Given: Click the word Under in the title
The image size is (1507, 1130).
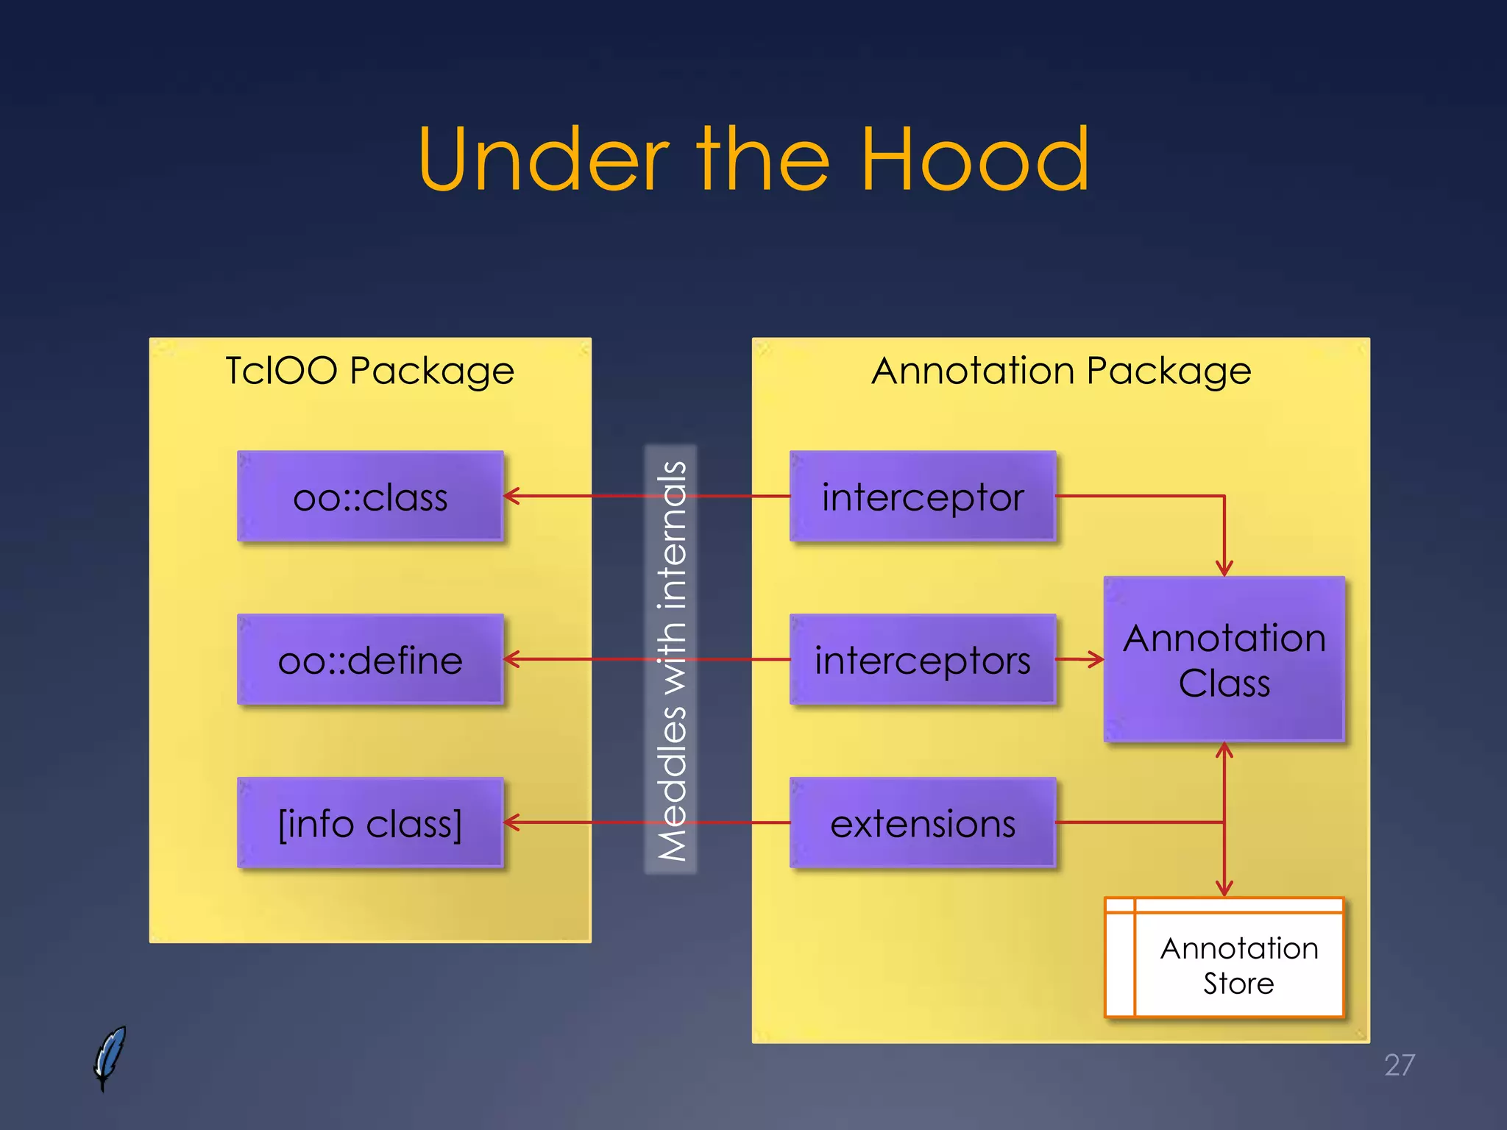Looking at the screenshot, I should click(543, 160).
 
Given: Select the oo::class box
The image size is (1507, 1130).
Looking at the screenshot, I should click(370, 497).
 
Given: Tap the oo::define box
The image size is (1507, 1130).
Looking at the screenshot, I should click(370, 660).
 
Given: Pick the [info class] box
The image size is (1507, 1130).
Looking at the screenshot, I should click(370, 823).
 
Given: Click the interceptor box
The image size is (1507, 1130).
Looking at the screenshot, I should click(923, 497).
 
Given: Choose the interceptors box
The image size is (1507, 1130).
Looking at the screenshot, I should click(923, 660).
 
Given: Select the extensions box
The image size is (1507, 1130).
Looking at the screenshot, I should click(923, 823).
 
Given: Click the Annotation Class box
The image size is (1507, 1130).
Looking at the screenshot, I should click(1224, 659).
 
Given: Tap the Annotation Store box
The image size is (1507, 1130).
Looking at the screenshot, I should click(1238, 964).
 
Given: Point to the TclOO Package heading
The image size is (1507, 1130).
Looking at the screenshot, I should click(369, 370).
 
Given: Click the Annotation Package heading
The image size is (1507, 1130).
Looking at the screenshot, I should click(1061, 370).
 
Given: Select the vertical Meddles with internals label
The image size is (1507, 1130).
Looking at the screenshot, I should click(671, 660).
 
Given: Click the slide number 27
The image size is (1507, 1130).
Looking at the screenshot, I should click(1399, 1065).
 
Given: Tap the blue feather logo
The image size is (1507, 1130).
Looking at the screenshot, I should click(110, 1057).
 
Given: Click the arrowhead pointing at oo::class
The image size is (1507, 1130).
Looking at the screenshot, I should click(511, 497).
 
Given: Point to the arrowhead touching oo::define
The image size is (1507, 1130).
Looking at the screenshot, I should click(511, 659).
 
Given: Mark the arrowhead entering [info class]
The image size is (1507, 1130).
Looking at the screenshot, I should click(511, 822).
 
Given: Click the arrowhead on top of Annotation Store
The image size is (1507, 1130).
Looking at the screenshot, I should click(1224, 889).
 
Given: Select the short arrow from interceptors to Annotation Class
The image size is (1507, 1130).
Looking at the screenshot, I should click(1080, 659).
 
